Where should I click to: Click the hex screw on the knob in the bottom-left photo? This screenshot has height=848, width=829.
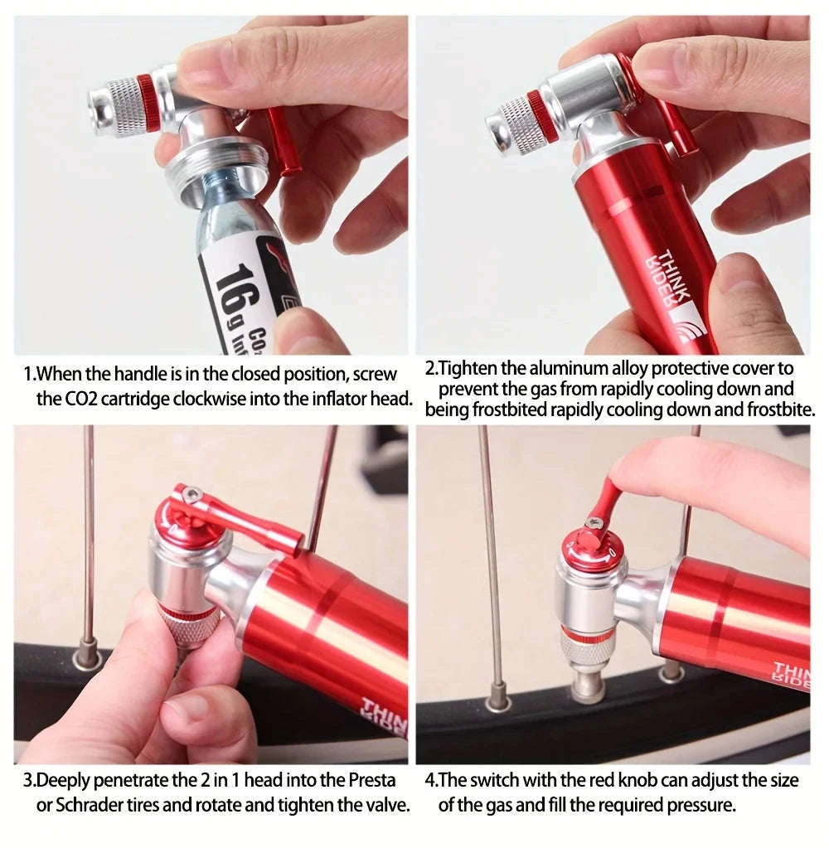coord(192,495)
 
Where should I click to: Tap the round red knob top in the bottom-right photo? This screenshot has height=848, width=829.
coord(591,548)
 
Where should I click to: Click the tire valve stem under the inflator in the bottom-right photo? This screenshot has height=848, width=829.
coord(589,684)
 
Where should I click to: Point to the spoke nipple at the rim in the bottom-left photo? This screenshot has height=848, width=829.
coord(88,657)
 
